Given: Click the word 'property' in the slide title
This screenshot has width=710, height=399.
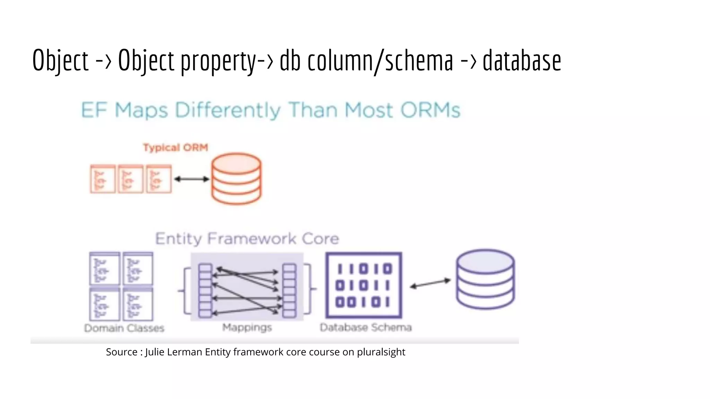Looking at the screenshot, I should click(x=218, y=61).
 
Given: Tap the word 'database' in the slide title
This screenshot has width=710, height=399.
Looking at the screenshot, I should click(x=522, y=60).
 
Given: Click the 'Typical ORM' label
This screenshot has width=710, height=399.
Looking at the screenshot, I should click(x=175, y=148).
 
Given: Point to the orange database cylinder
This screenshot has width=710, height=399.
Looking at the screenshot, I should click(x=236, y=178).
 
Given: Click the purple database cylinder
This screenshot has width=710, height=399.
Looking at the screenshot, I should click(x=485, y=279).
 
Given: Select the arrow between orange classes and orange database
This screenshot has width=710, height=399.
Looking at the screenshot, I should click(x=191, y=179).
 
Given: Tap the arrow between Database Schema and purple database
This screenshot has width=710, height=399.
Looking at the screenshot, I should click(x=430, y=283).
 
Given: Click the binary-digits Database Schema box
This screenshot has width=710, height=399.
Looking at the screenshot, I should click(x=364, y=285).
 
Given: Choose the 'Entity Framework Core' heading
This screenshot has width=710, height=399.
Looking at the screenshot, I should click(x=247, y=239).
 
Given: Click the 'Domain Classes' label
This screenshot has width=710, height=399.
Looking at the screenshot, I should click(x=124, y=328).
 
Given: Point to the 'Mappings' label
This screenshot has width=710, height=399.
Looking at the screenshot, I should click(x=247, y=327).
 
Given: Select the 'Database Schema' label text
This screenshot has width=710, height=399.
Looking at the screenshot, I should click(x=365, y=327).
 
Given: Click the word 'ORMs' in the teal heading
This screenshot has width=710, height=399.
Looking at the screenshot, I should click(x=430, y=110).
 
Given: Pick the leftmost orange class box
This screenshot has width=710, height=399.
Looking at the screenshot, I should click(x=103, y=179).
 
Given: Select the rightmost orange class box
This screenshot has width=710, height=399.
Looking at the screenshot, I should click(x=159, y=179).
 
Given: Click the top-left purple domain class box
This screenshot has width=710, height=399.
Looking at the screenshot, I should click(x=104, y=269).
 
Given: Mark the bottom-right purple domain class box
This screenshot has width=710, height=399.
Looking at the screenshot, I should click(x=138, y=305).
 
